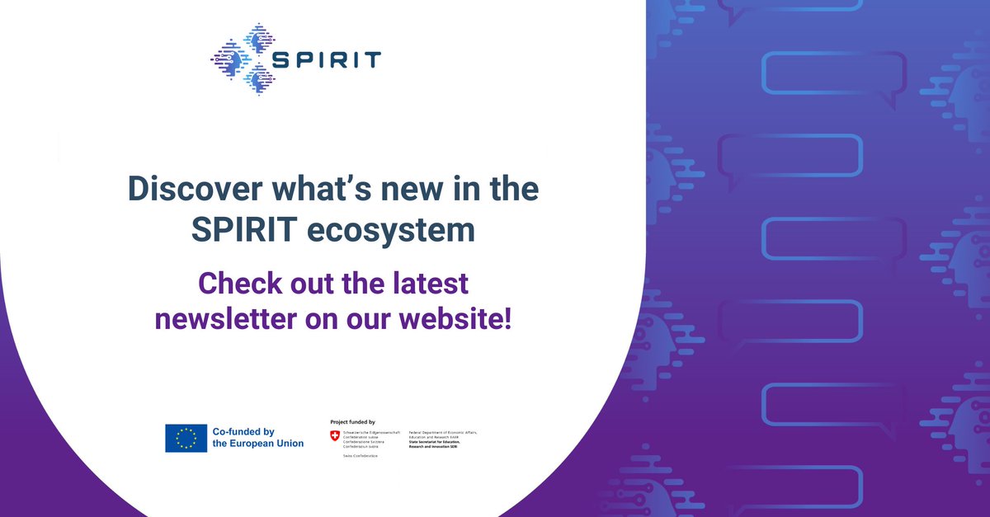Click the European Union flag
click(186, 438)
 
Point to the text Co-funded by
click(243, 431)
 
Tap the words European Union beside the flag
click(269, 444)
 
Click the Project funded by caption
click(352, 421)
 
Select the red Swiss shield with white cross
click(334, 435)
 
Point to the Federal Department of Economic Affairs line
click(448, 432)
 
